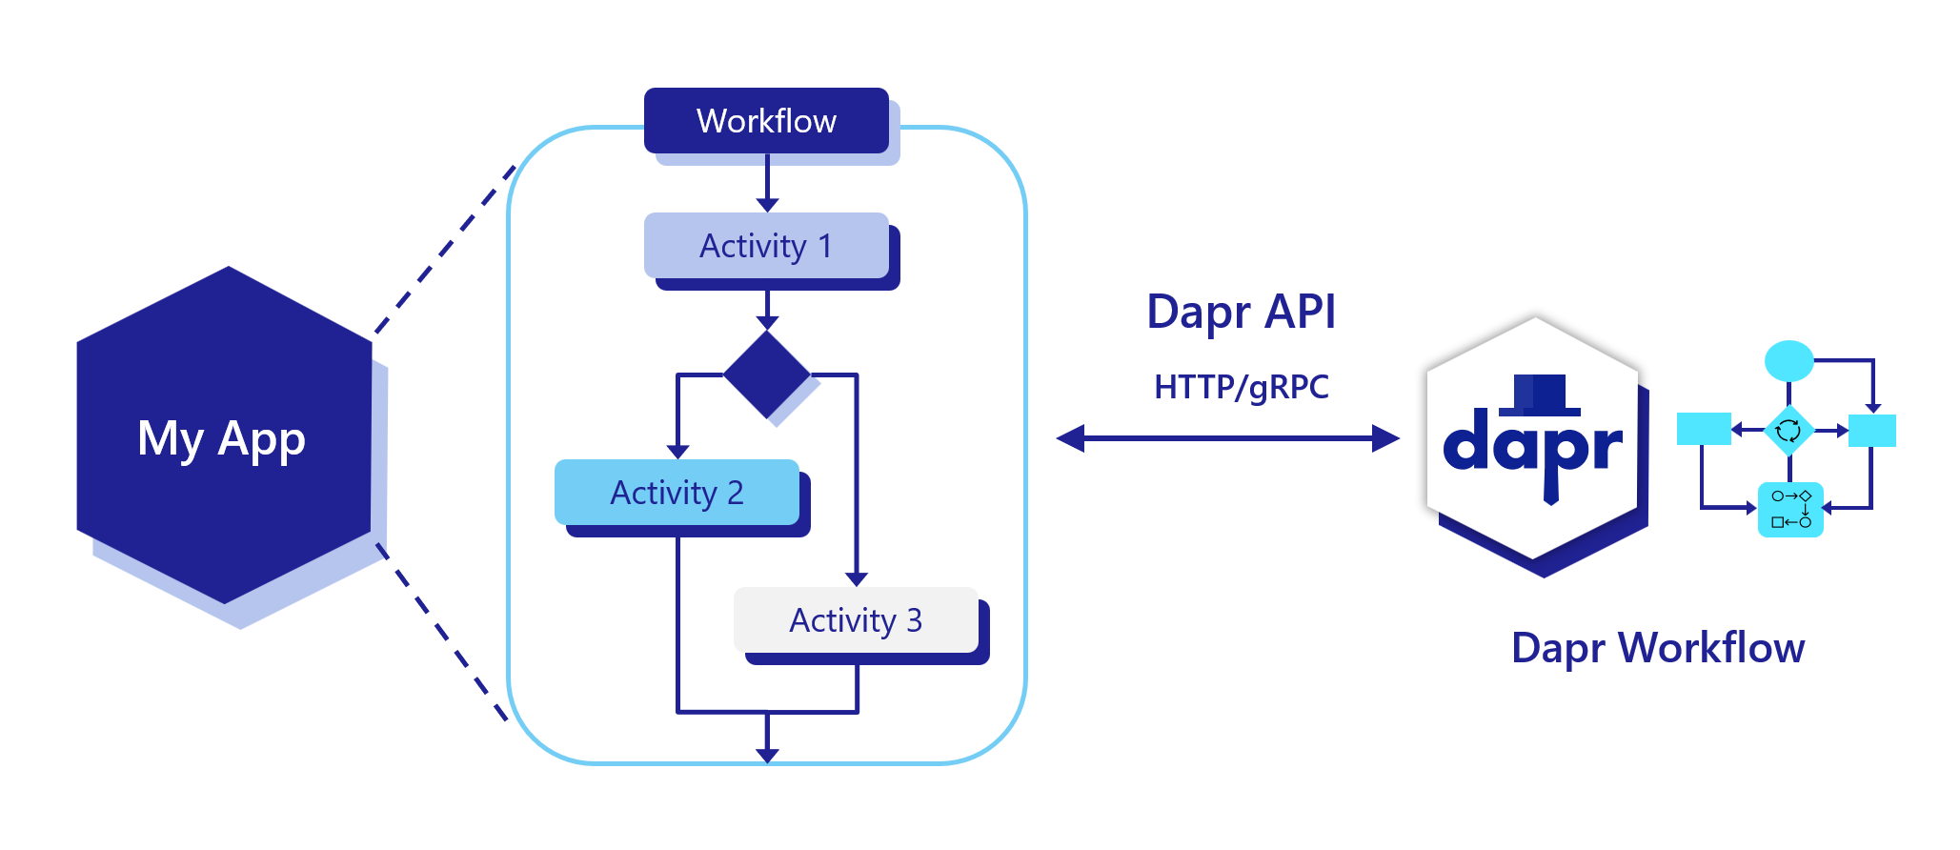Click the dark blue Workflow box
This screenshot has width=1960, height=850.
766,121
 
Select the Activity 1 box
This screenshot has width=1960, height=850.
766,246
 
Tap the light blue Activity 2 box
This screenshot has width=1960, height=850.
677,493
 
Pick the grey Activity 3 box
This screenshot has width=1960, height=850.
856,620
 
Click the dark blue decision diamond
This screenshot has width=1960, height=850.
766,374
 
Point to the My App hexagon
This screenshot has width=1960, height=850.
223,438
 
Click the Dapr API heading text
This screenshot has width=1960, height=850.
1241,312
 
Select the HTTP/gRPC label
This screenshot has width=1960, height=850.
1241,387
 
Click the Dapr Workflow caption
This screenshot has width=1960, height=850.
1657,648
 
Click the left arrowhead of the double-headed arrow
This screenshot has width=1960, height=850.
1072,438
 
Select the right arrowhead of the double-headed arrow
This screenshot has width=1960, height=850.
1385,438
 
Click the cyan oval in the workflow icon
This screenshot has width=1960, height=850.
1788,360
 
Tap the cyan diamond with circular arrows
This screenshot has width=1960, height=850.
1788,431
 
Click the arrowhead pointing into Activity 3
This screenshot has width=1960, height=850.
856,578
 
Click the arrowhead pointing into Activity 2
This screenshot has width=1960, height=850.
677,452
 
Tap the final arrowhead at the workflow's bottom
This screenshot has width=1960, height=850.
767,755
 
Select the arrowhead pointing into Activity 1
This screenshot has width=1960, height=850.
767,204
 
